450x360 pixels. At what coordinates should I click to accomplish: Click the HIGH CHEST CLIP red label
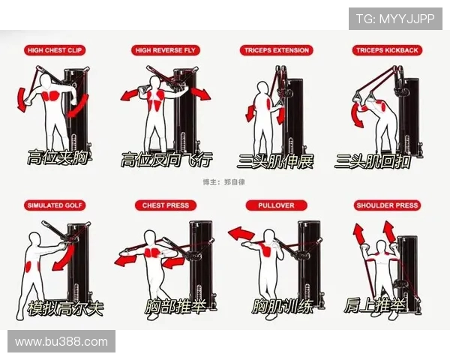point(55,50)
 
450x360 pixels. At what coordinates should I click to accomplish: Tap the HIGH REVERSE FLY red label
point(166,50)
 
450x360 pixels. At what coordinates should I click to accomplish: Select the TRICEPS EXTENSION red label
point(277,50)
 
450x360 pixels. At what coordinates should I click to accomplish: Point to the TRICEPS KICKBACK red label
point(387,50)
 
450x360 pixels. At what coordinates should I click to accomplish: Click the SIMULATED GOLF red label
point(55,205)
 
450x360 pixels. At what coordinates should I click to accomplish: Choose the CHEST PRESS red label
point(166,205)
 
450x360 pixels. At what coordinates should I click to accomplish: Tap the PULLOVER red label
point(276,205)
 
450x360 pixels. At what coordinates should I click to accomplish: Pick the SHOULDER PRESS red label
point(387,205)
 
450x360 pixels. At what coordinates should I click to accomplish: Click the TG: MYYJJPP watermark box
point(395,19)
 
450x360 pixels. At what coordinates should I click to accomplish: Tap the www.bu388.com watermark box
point(61,341)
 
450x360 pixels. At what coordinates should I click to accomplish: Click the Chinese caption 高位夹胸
point(58,157)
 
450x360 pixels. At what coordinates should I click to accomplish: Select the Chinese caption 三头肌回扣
point(373,161)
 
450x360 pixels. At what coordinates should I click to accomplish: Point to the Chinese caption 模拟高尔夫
point(65,308)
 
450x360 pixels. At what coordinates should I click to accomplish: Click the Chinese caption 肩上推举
point(375,306)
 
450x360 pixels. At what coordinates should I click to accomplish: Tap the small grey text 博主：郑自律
point(223,182)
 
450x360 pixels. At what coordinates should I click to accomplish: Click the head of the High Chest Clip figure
point(46,80)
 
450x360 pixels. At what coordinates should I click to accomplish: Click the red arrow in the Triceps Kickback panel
point(357,115)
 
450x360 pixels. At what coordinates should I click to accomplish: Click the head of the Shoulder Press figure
point(382,247)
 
